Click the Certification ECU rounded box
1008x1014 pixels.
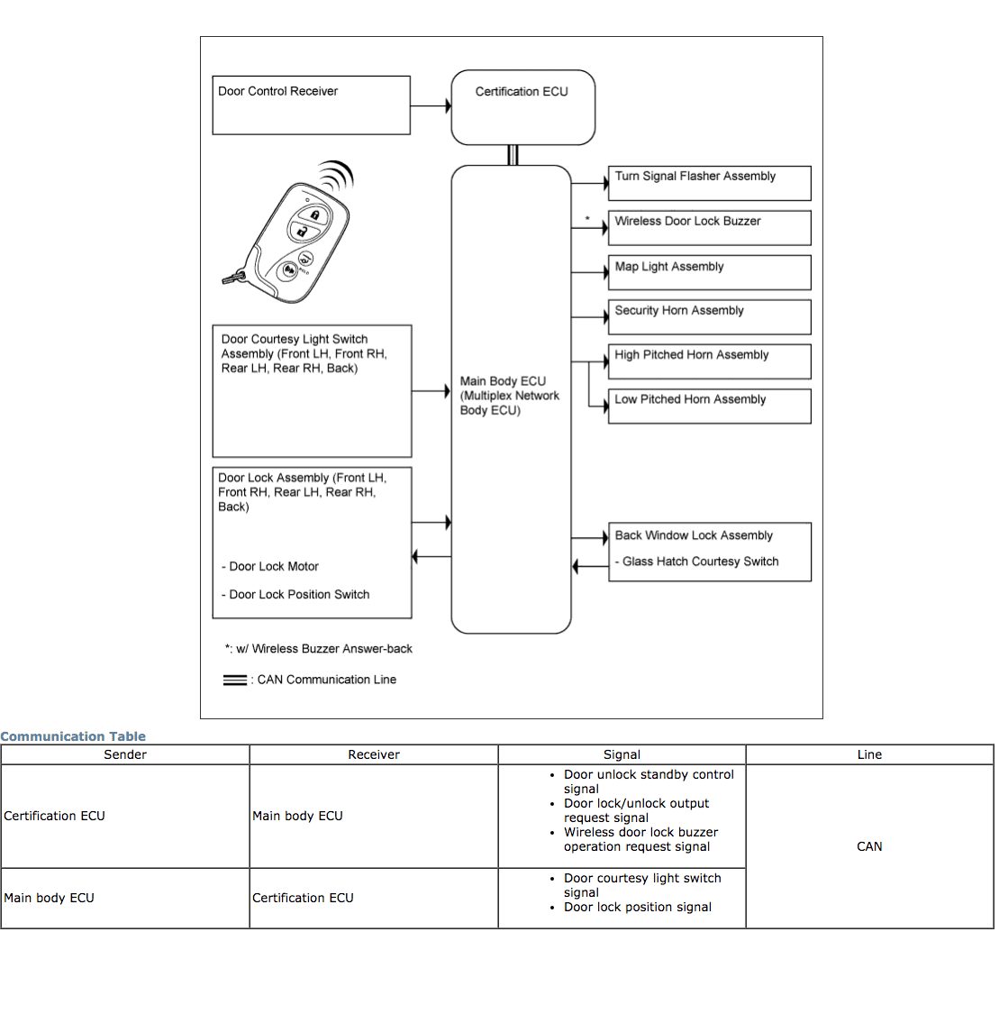[x=522, y=107]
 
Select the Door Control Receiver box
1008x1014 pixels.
[x=311, y=105]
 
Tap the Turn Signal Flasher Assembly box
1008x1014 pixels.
[x=710, y=183]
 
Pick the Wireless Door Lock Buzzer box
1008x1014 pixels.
[x=710, y=228]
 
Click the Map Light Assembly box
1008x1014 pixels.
[x=710, y=272]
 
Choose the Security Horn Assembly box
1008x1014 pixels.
[x=710, y=317]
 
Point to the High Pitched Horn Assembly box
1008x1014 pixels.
[x=710, y=361]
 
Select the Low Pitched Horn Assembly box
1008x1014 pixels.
[x=710, y=406]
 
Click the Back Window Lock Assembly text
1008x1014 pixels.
[x=694, y=535]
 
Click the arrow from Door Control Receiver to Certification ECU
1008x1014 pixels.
[x=431, y=106]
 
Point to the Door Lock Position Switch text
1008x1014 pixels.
[x=298, y=595]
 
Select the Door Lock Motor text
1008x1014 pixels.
[x=273, y=567]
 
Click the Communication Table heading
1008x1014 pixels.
[x=73, y=736]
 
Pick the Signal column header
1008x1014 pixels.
[x=622, y=754]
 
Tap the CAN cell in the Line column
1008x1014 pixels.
[x=869, y=846]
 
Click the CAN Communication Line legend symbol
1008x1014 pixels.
[x=234, y=681]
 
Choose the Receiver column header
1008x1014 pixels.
[x=374, y=754]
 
